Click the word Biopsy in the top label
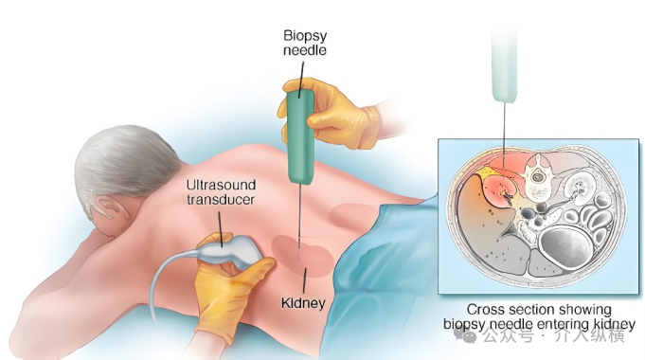coord(305,36)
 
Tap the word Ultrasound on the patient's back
coord(221,185)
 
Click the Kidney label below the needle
coord(303,303)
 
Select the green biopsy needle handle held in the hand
coord(301,136)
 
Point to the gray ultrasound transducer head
coord(230,250)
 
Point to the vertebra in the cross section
coord(536,178)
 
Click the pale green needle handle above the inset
coord(504,68)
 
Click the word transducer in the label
coord(221,200)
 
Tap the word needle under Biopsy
coord(305,50)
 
